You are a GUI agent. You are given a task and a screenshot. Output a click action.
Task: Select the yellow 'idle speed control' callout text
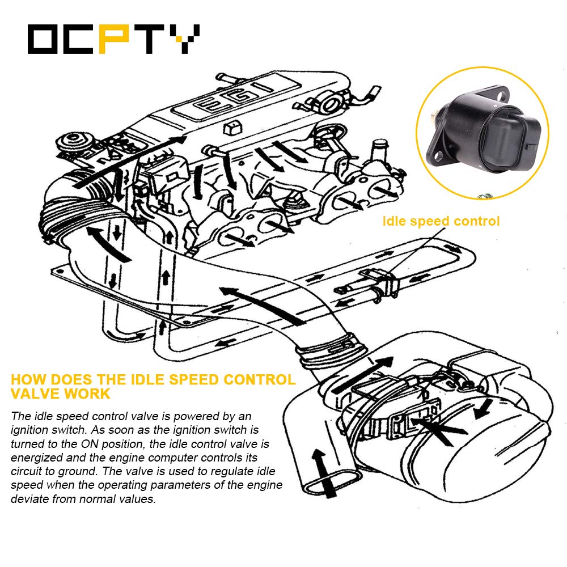coord(441,221)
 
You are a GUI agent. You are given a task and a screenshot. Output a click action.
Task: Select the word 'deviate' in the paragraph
coord(28,499)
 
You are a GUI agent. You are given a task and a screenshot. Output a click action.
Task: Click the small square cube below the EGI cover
coord(231,128)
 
